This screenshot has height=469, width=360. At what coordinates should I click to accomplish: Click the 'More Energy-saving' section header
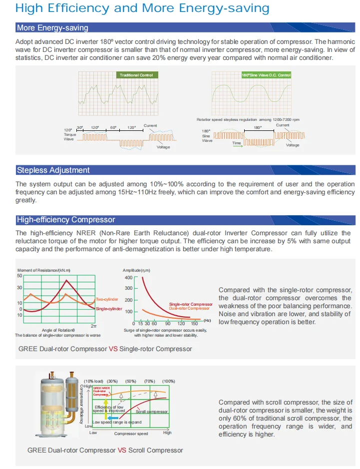tap(52, 28)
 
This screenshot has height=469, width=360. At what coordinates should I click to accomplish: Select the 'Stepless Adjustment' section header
tap(53, 170)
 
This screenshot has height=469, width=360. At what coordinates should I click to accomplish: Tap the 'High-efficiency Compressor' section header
tap(66, 219)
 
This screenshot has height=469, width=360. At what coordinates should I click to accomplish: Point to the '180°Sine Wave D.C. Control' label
tap(266, 75)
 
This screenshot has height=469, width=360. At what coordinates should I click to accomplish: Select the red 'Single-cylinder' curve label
tap(108, 309)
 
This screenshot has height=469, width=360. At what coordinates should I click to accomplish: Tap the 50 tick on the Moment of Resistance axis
tap(19, 276)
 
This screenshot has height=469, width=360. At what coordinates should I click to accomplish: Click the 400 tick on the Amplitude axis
tap(128, 277)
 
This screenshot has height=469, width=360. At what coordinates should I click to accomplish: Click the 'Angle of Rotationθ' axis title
tap(58, 330)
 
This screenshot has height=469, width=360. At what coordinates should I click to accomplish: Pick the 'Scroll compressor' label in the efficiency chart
tap(152, 412)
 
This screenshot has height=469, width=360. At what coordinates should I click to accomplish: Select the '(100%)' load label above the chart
tap(168, 382)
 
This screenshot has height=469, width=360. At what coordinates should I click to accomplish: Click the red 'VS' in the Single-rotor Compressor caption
tap(112, 349)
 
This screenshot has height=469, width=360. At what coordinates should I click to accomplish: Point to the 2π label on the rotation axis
tap(93, 326)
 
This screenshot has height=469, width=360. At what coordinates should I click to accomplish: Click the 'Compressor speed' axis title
tap(131, 434)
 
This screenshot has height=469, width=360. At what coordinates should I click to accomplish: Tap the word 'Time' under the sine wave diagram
tap(236, 143)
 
